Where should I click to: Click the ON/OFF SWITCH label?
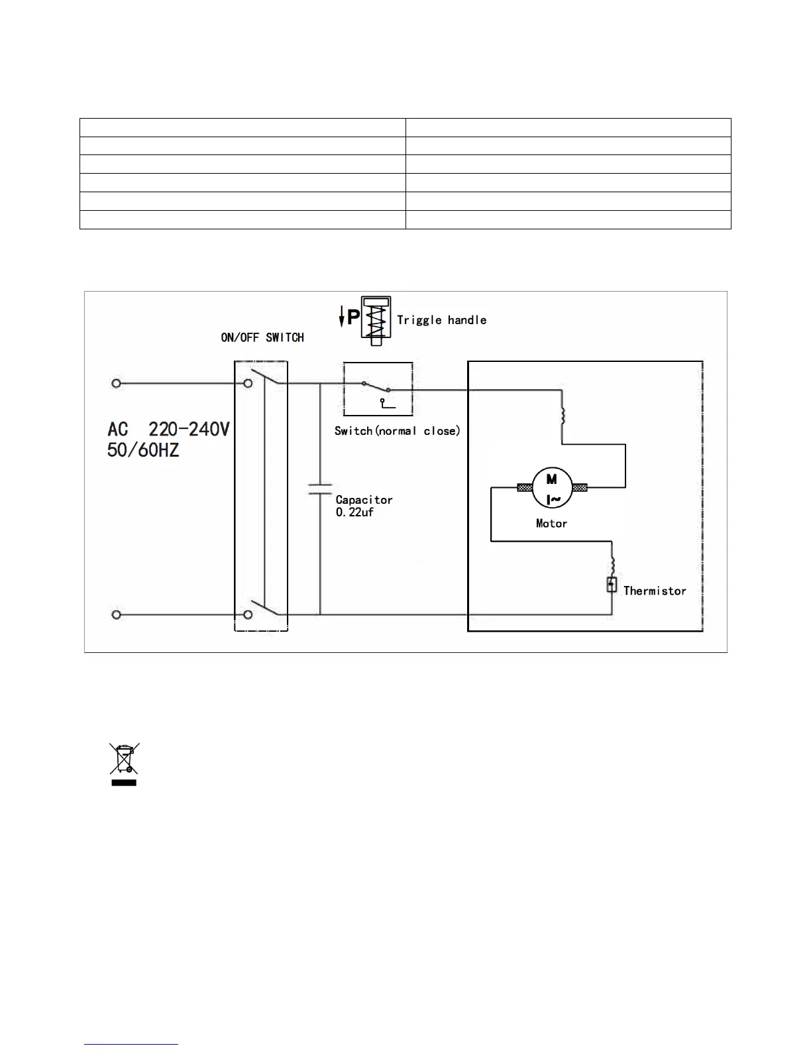point(262,337)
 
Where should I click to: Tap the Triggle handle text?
point(441,320)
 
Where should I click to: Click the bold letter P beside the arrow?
point(354,318)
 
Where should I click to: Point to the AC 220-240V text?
point(168,430)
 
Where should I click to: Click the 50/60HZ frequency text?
point(143,451)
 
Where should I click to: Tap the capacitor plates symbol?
point(320,489)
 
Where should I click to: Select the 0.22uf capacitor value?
point(354,512)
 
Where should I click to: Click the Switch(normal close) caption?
point(397,431)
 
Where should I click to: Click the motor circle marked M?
point(551,488)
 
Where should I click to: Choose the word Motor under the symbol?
point(551,524)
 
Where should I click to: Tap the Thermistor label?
point(655,591)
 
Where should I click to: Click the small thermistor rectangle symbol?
point(612,585)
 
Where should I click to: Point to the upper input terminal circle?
point(116,383)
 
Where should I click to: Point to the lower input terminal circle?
point(116,615)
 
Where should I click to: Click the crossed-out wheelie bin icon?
point(124,760)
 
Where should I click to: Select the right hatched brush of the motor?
point(579,488)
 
